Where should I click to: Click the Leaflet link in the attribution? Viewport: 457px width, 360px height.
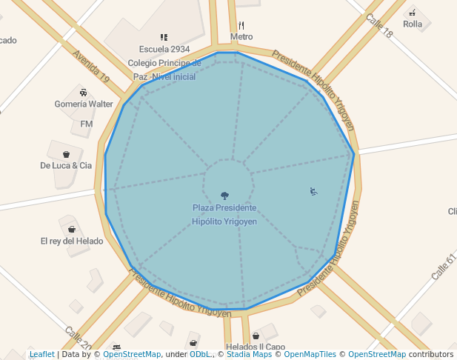[41, 355]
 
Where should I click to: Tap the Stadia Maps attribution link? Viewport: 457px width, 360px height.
[248, 355]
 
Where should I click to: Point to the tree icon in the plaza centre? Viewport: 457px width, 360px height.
[224, 196]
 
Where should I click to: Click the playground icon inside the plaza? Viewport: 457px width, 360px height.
[314, 192]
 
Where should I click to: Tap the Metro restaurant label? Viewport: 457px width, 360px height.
[241, 36]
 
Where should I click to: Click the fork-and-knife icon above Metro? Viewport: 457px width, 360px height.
[241, 25]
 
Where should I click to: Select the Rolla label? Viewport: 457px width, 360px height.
[413, 24]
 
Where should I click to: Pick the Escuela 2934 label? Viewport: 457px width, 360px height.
[164, 50]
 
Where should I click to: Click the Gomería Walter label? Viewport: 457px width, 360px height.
[84, 104]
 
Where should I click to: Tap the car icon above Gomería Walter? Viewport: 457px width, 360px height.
[83, 93]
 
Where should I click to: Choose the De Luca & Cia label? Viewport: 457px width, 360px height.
[66, 166]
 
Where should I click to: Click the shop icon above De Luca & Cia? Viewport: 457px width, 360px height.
[66, 154]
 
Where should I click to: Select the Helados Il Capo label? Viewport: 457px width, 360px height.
[256, 347]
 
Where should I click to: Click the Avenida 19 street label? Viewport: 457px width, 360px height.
[91, 67]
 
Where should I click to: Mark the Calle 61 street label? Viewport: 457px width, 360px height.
[441, 266]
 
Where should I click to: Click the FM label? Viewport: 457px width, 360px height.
[86, 124]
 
